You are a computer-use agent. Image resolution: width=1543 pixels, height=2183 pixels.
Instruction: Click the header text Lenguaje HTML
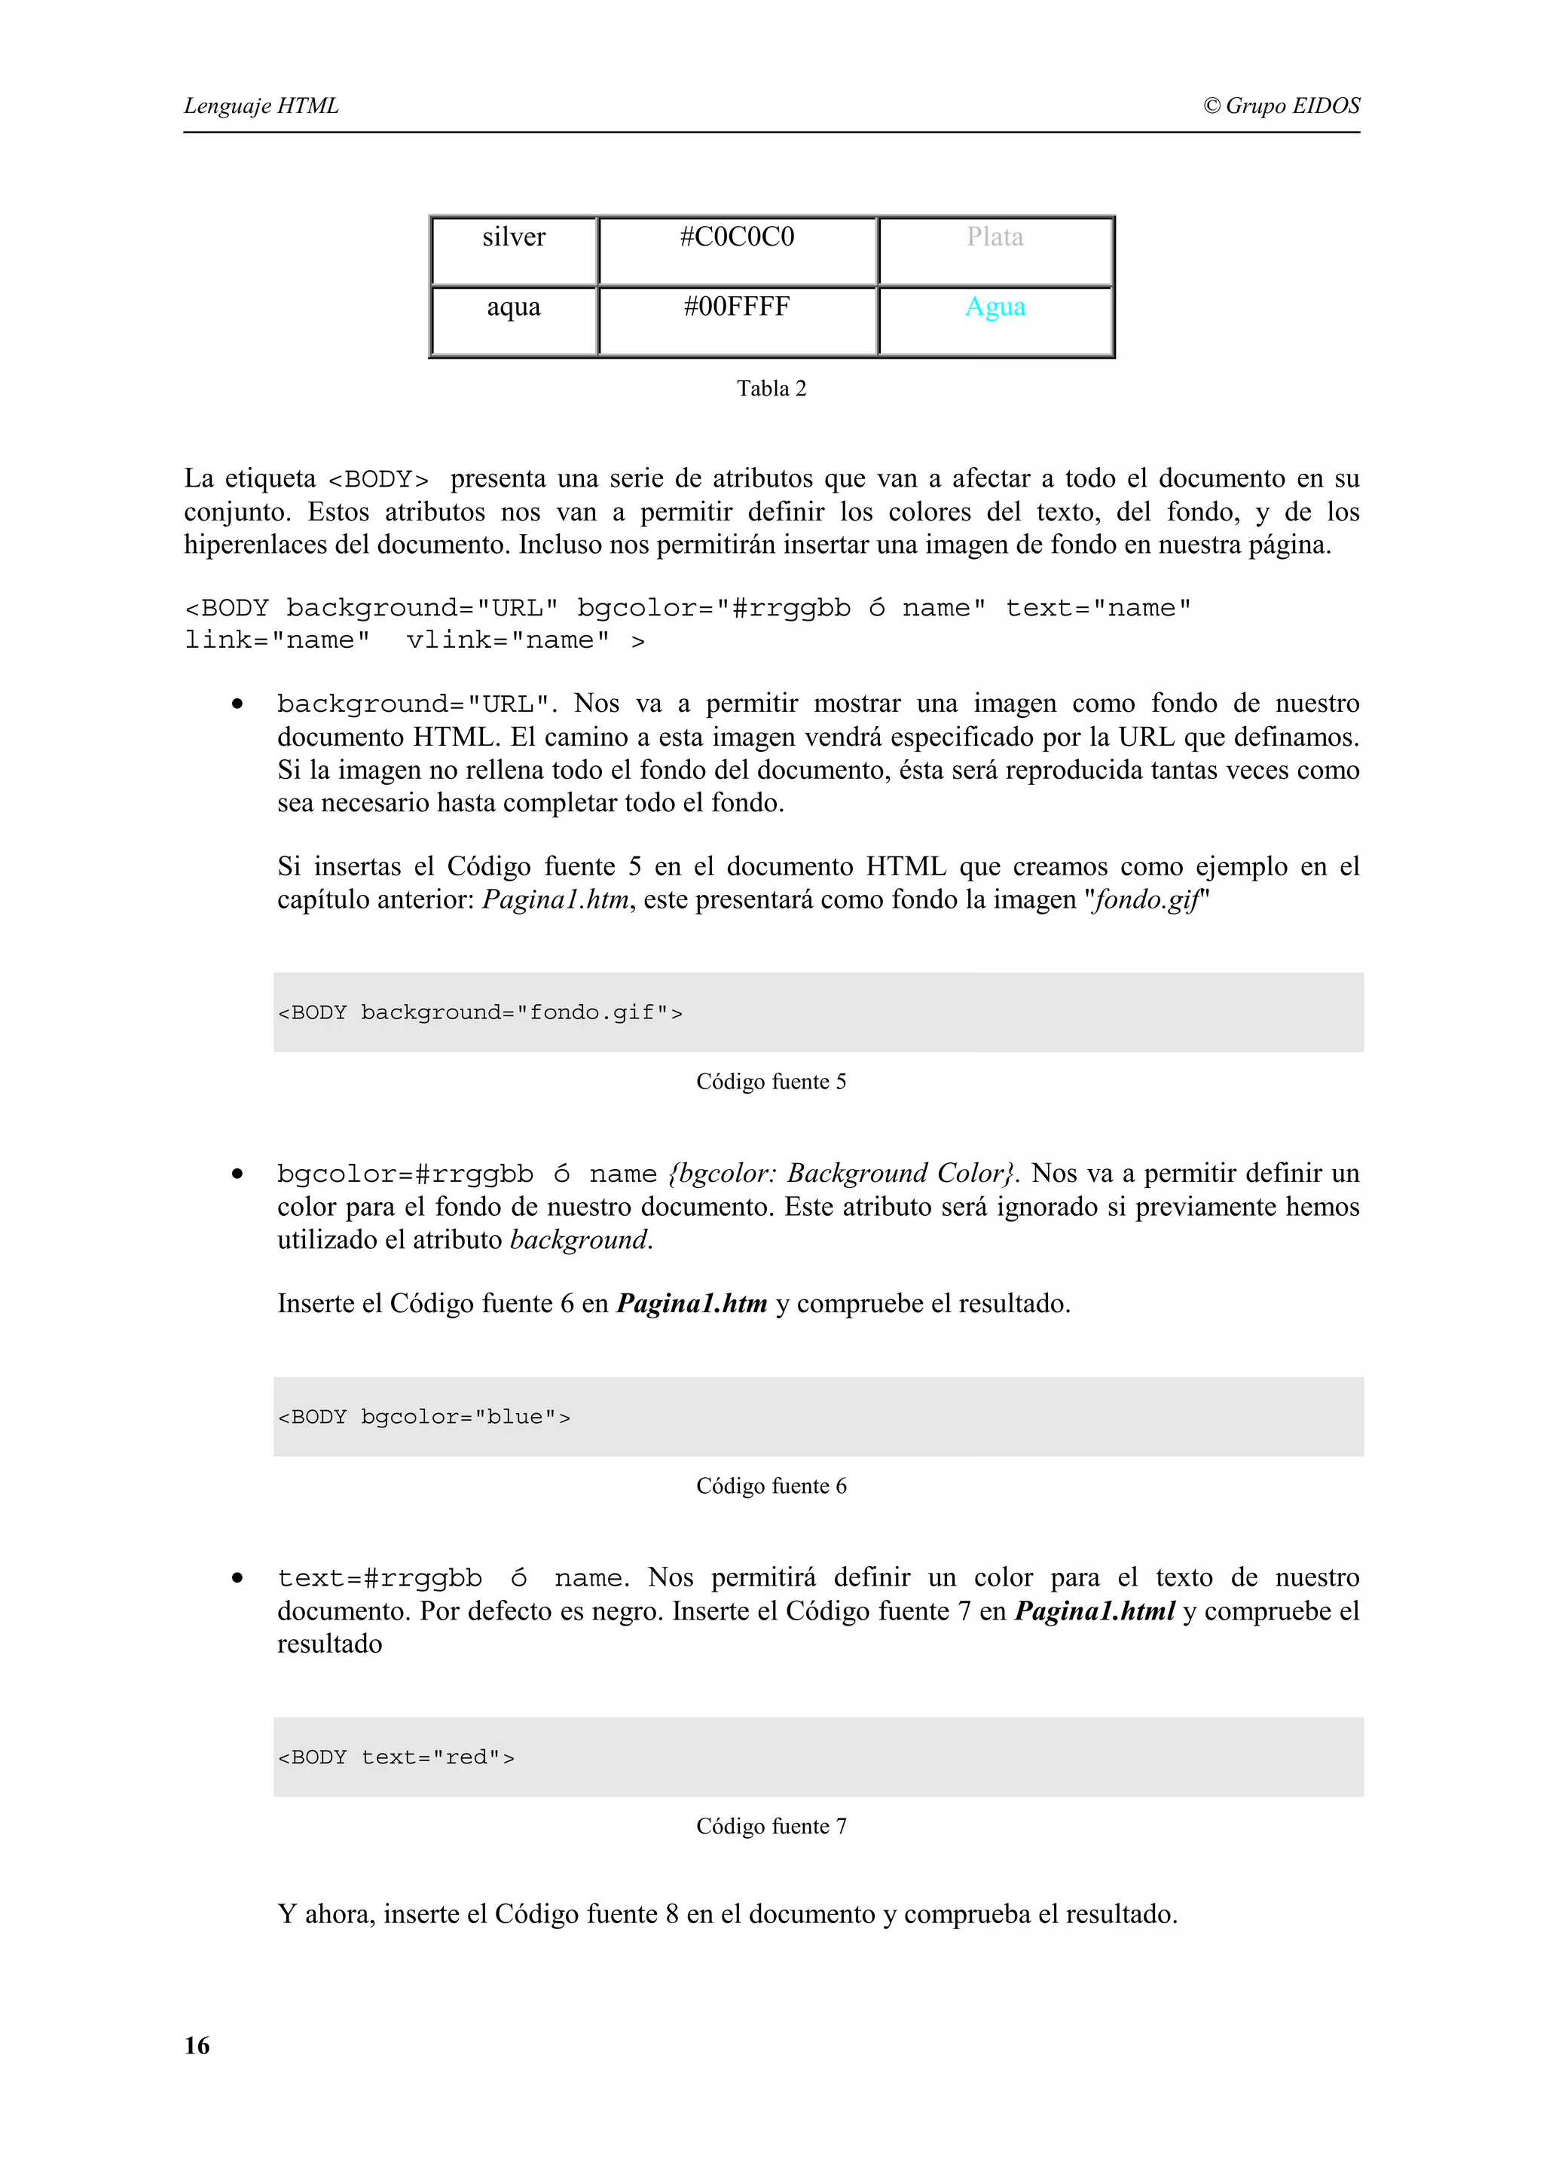click(x=261, y=105)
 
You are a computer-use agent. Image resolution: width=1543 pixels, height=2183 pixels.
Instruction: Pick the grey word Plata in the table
click(x=995, y=237)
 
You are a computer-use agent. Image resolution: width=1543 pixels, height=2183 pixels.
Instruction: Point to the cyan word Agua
click(x=995, y=307)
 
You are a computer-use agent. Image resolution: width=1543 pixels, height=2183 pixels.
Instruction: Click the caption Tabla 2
click(x=771, y=388)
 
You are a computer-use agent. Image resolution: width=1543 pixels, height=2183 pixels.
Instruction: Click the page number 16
click(x=197, y=2045)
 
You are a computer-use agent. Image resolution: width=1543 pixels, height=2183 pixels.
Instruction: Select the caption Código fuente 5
click(x=771, y=1081)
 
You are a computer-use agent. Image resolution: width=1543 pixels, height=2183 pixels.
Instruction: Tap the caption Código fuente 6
click(x=771, y=1485)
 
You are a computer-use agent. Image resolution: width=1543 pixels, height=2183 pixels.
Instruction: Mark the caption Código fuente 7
click(x=771, y=1825)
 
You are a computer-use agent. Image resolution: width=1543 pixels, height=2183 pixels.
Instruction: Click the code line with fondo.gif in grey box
click(x=480, y=1012)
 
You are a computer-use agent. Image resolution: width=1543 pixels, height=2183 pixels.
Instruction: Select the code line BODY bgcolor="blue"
click(x=424, y=1417)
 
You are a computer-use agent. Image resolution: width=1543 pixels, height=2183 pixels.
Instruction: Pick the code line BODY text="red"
click(x=396, y=1757)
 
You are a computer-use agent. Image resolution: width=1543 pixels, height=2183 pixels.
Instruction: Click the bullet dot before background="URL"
click(x=237, y=704)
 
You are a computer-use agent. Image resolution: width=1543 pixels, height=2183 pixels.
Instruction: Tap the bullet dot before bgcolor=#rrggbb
click(x=237, y=1174)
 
